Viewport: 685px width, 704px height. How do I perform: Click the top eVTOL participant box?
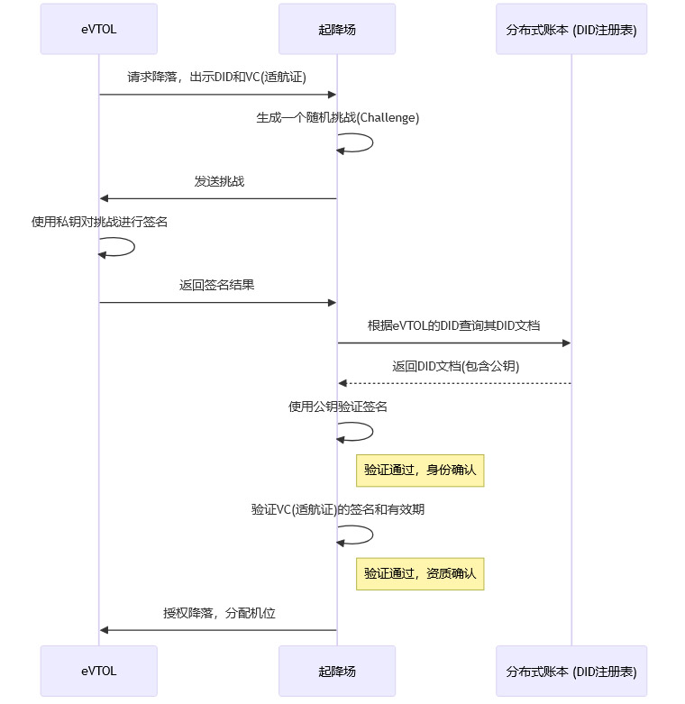[98, 29]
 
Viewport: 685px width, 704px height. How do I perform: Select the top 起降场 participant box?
[337, 29]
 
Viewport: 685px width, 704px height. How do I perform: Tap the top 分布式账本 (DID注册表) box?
[571, 29]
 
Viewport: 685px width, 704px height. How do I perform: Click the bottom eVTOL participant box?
[98, 671]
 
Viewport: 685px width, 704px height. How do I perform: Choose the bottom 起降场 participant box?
[337, 671]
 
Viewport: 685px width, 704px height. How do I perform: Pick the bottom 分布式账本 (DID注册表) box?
[571, 671]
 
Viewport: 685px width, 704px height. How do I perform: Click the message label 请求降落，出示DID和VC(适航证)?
[217, 78]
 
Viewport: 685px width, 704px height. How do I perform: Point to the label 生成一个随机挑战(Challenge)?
[337, 118]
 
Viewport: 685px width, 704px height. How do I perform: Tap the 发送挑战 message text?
[218, 181]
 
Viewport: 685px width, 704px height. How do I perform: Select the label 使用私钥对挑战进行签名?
[99, 222]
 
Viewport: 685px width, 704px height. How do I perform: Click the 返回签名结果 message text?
[216, 285]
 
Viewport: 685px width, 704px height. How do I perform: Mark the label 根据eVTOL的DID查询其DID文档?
[453, 325]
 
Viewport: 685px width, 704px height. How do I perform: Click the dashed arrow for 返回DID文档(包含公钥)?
[453, 383]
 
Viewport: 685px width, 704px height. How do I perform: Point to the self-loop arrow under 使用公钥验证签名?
[370, 431]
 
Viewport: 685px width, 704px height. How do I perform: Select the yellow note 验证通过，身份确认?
[420, 470]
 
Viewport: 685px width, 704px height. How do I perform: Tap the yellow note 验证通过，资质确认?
[420, 573]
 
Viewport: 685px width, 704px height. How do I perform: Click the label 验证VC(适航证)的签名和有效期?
[337, 509]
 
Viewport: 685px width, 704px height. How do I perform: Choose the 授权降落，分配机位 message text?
[219, 613]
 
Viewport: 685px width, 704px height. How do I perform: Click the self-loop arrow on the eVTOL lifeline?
[132, 246]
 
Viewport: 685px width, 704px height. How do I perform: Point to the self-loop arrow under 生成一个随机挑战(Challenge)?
[370, 142]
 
